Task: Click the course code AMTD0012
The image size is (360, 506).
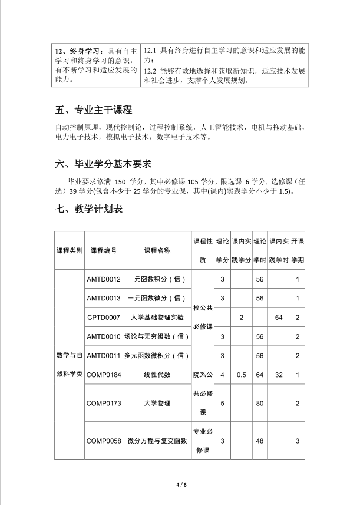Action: coord(104,279)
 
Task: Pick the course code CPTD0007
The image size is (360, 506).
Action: coord(104,318)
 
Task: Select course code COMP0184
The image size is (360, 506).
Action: coord(104,374)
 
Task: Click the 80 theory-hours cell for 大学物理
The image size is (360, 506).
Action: coord(259,403)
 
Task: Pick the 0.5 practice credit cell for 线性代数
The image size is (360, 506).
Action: coord(241,374)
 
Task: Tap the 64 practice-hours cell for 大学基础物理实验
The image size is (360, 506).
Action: coord(279,318)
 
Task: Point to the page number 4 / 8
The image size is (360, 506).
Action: coord(180,484)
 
